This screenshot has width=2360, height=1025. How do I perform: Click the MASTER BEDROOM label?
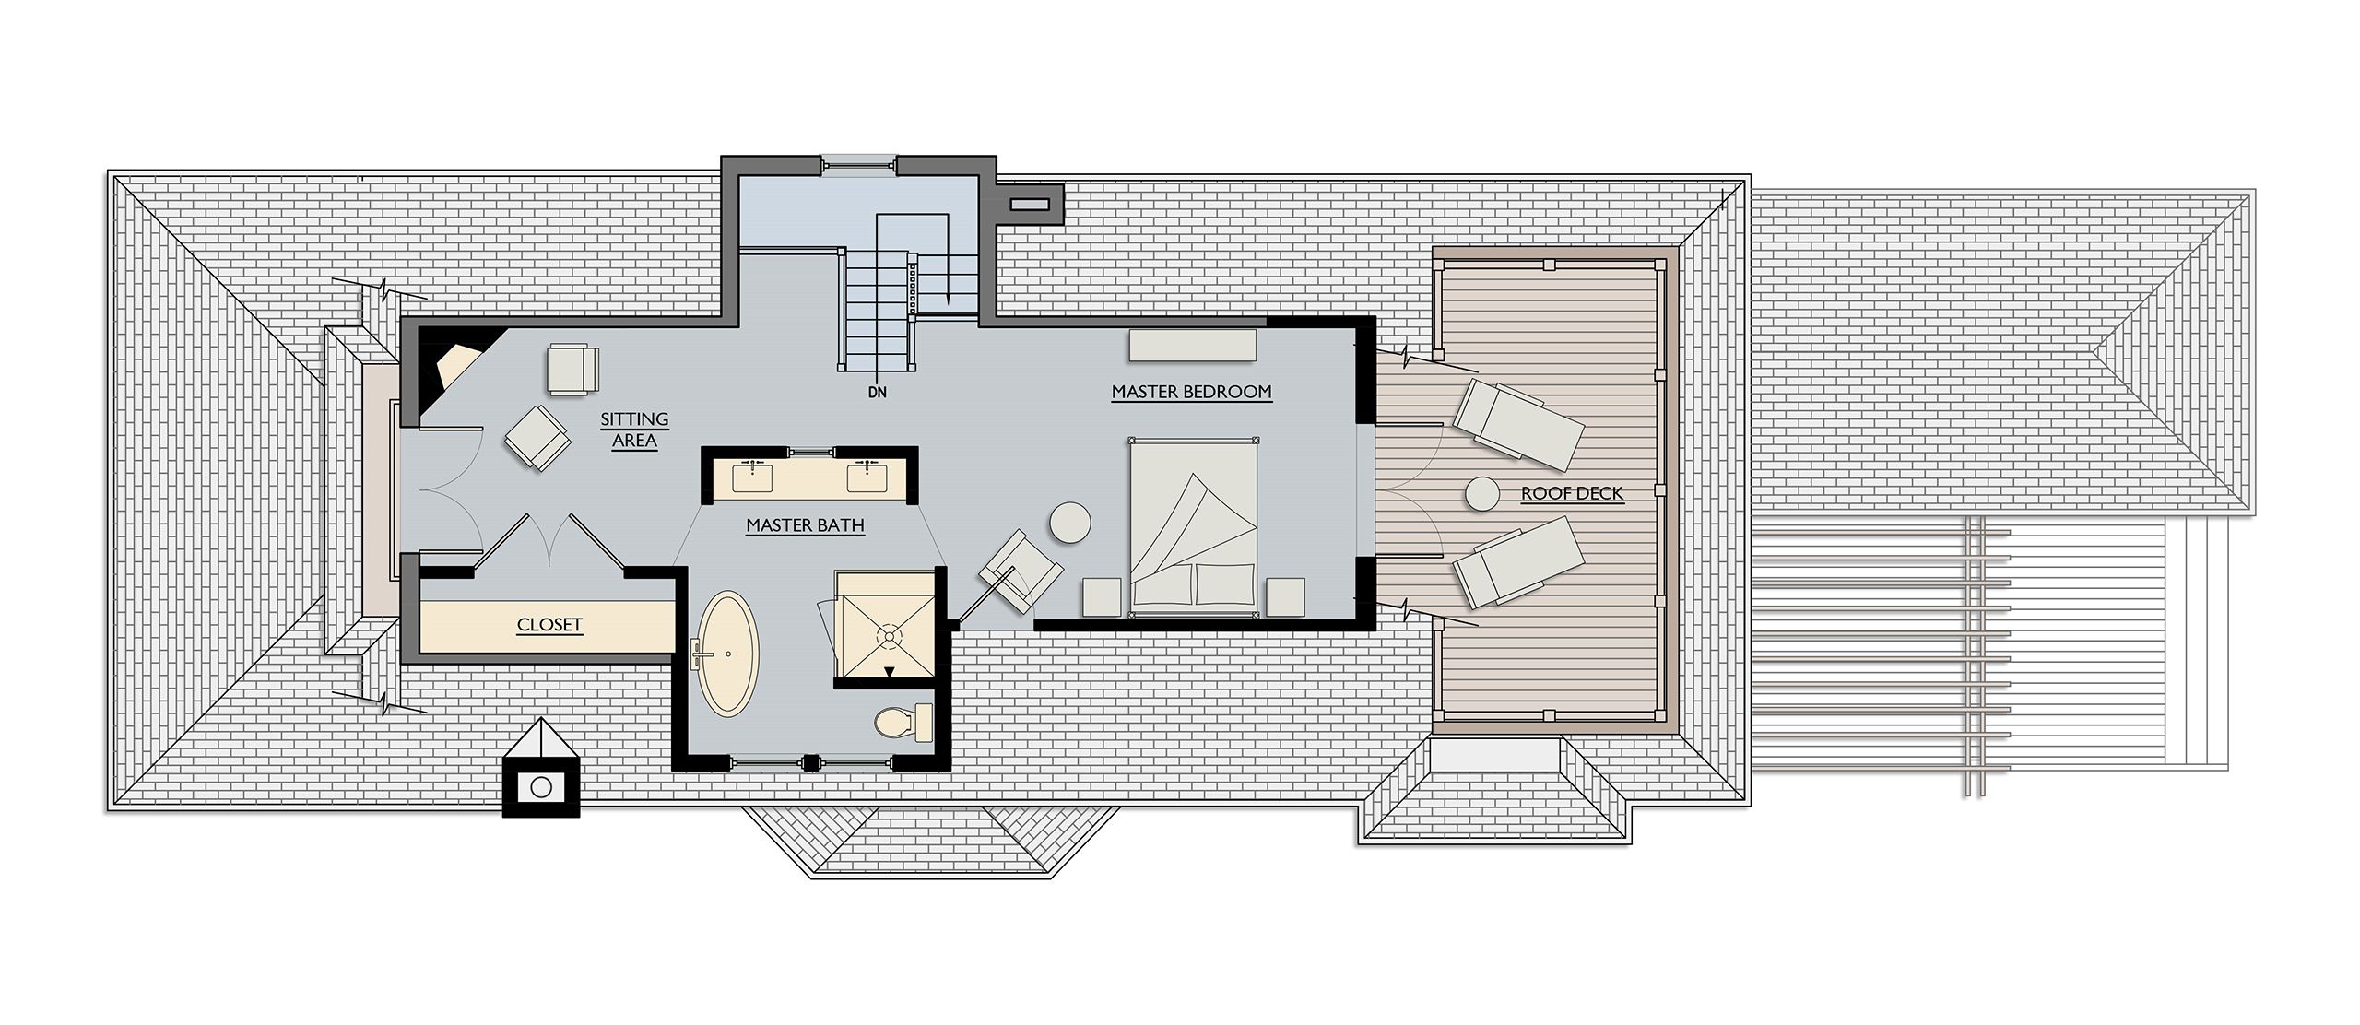(1191, 392)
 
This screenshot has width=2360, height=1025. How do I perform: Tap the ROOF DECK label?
(1572, 494)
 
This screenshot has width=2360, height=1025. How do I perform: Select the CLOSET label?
(549, 625)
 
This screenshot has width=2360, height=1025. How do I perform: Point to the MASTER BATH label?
(805, 525)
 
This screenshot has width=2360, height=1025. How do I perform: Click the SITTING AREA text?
(634, 430)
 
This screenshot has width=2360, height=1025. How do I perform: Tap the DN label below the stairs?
(877, 392)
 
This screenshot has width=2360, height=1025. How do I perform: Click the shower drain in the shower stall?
(890, 635)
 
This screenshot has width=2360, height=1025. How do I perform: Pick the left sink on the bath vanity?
(753, 477)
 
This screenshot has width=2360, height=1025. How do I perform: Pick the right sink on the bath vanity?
(867, 477)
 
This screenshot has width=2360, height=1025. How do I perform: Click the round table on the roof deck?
(1481, 494)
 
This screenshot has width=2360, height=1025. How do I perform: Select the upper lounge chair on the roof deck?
(1517, 419)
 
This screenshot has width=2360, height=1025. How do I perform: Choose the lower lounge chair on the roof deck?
(1517, 561)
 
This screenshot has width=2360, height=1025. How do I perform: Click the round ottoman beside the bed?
(1069, 523)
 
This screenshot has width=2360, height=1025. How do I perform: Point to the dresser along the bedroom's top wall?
(1192, 345)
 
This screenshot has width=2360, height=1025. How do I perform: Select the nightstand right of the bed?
(1285, 595)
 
